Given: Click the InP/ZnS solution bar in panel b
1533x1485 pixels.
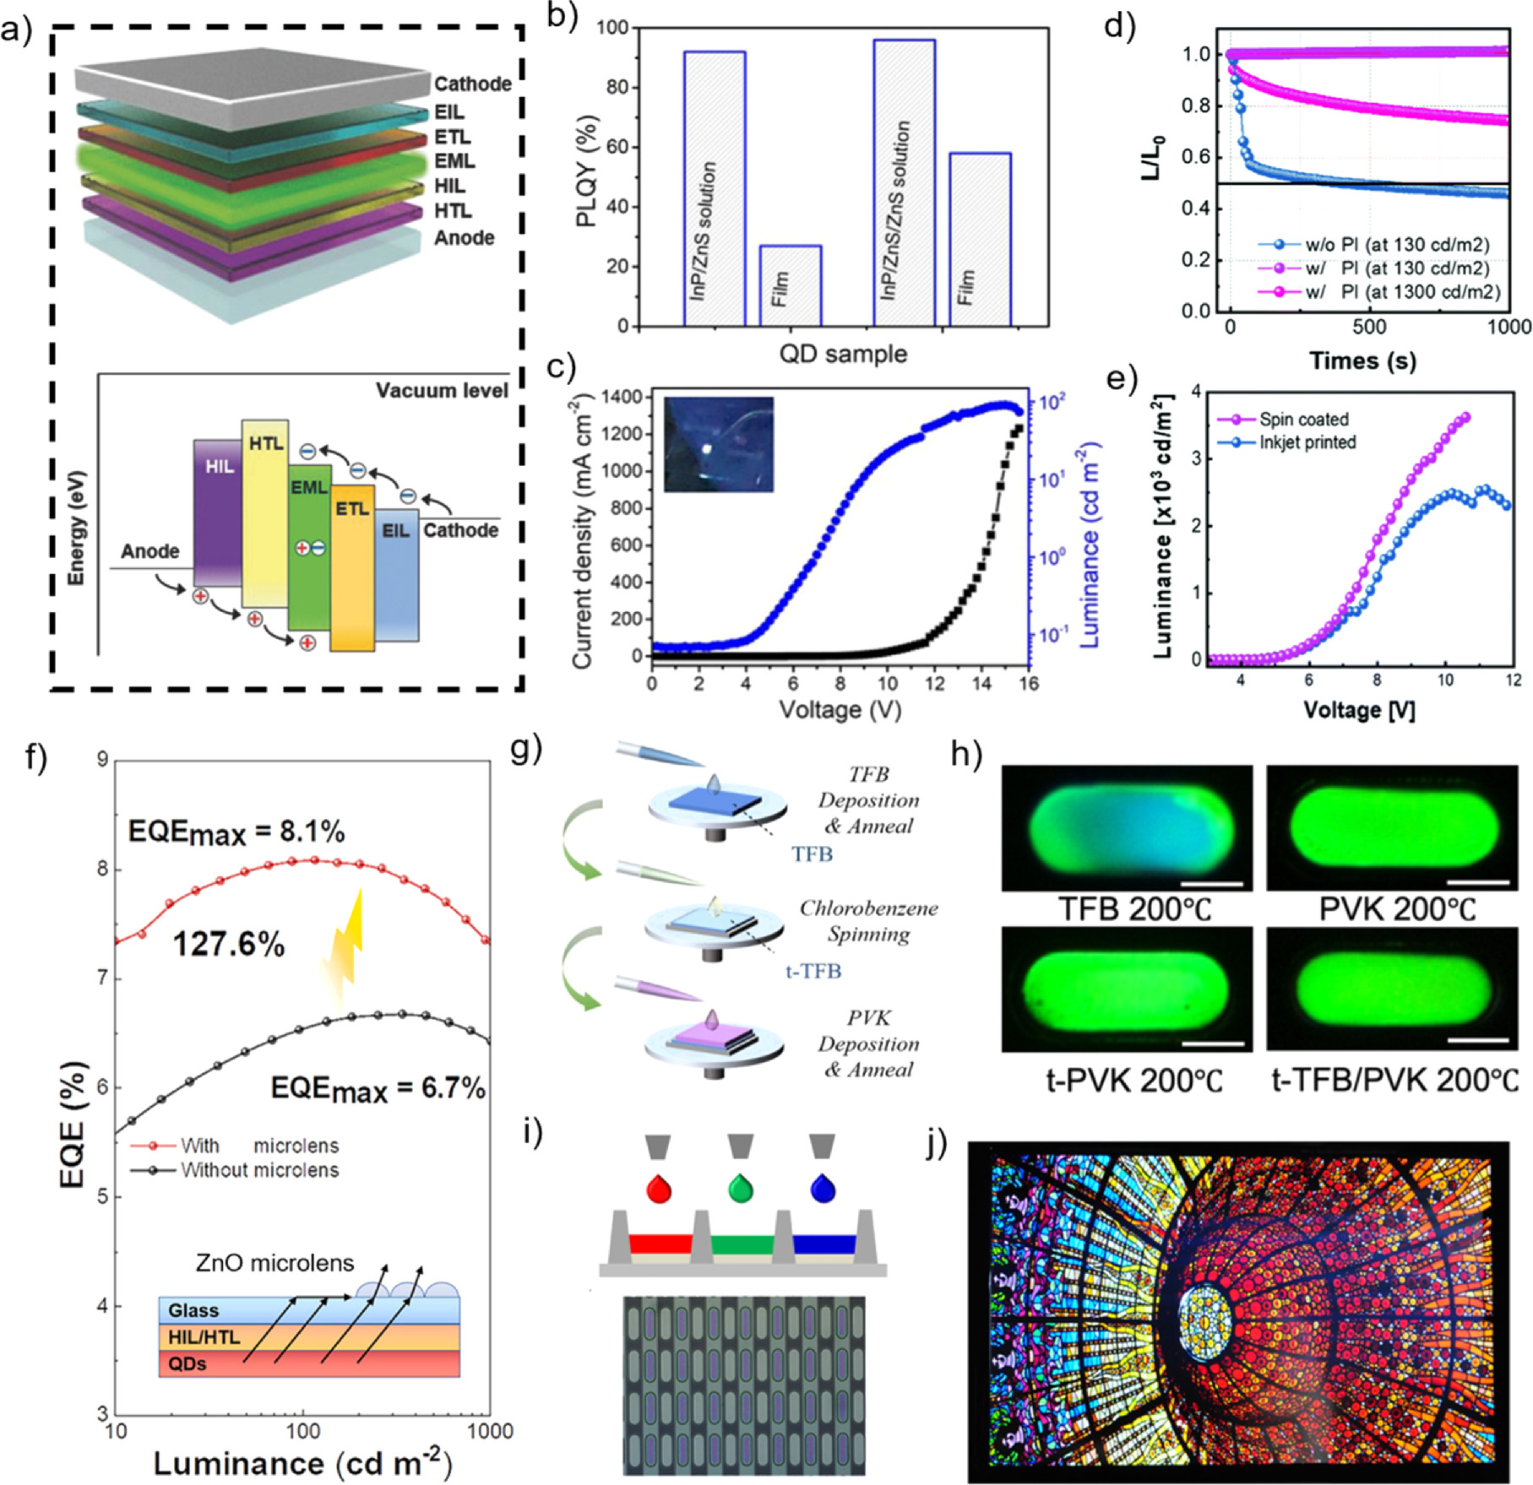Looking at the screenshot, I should pos(714,188).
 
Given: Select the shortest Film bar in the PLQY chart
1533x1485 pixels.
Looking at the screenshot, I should pos(790,285).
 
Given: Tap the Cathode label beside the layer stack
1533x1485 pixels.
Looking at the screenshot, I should pos(472,84).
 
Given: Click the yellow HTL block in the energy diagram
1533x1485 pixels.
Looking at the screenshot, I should pos(265,512).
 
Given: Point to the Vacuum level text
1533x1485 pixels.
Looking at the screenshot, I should pos(442,391).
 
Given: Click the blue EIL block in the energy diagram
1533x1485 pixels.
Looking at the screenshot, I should pos(396,574).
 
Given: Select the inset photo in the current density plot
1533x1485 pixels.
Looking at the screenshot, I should pos(718,444).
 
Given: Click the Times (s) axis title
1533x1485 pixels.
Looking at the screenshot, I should pos(1362,360).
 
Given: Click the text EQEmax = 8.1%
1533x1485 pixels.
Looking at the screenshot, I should pos(236,832).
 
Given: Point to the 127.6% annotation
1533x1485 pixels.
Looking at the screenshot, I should pos(229,944).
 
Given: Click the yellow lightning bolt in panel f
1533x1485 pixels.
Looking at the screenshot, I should pos(345,946).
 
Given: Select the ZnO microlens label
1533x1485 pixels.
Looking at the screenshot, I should pos(275,1263).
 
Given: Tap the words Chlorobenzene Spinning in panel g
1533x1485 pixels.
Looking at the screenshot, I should pos(868,921).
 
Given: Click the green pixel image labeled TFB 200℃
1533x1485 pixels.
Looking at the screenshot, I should pos(1127,827).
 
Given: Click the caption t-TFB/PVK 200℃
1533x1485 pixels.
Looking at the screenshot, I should pos(1394,1080).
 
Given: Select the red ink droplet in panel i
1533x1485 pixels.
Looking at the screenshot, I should pos(658,1190).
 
